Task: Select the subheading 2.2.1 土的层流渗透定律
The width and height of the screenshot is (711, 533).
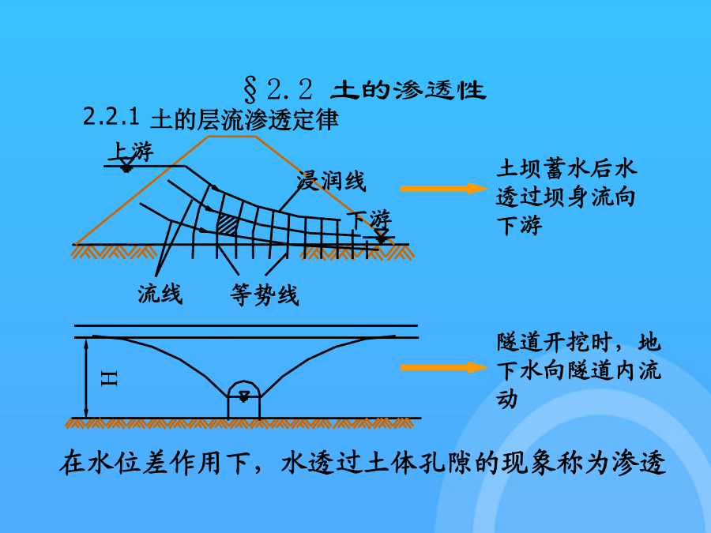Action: [x=211, y=120]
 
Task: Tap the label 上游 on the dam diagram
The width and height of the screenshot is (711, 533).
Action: [x=134, y=151]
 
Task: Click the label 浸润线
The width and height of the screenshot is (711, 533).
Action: [x=331, y=182]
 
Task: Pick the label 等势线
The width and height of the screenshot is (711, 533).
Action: [x=265, y=295]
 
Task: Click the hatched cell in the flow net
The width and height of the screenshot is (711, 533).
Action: [x=227, y=223]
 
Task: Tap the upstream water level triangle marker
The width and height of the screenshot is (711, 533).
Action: [x=126, y=167]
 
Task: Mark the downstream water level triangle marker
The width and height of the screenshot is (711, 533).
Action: [x=382, y=235]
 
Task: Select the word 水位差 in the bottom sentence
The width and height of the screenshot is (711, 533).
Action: [x=124, y=464]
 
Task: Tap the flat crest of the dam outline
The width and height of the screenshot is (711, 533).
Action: [x=237, y=136]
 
